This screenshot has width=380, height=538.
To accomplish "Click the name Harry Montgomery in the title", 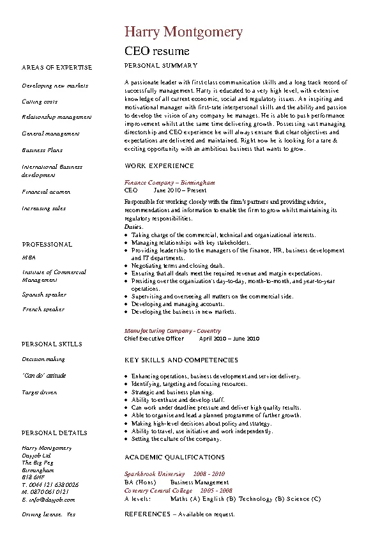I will pos(183,31).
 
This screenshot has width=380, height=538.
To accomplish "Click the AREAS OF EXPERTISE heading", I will pos(57,67).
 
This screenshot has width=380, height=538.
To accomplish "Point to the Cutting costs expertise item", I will pos(40,102).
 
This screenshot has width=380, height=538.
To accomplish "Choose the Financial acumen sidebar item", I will pos(46,192).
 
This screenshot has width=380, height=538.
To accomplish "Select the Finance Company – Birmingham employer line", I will pos(169,182).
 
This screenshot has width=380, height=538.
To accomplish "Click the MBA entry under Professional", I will pos(29,256).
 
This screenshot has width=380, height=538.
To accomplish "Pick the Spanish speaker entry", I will pos(44,295).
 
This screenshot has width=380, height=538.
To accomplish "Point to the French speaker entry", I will pos(43,309).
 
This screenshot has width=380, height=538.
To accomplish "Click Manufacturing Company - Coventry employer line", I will pos(172,331).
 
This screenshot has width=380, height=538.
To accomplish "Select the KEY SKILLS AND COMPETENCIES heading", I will pos(181,360).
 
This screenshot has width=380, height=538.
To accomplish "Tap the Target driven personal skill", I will pos(40,392).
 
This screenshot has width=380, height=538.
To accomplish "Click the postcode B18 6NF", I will pos(33,477).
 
